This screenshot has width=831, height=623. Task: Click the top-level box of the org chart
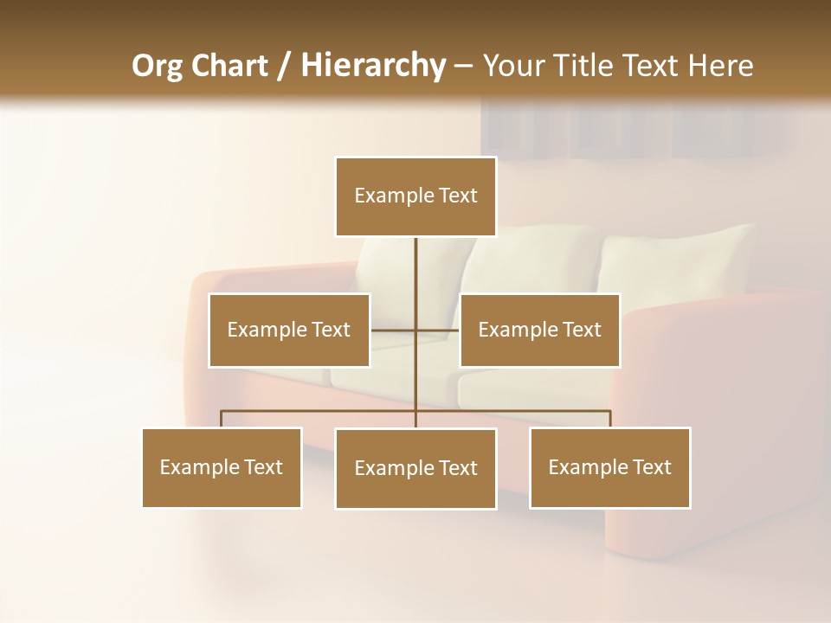click(x=415, y=196)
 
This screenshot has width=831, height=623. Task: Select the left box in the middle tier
click(x=289, y=330)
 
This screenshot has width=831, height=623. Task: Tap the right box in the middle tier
click(x=539, y=330)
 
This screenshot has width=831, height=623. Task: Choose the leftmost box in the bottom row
click(x=222, y=467)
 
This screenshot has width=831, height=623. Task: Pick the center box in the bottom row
click(x=415, y=468)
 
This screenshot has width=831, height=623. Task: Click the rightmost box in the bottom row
click(x=609, y=467)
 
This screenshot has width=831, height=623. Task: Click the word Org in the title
click(x=157, y=66)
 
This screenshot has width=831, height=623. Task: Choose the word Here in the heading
click(x=720, y=66)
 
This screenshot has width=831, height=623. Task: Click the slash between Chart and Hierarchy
click(x=284, y=66)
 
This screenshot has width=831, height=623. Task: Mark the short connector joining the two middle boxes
click(x=436, y=330)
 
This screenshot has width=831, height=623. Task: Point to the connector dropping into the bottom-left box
click(x=222, y=419)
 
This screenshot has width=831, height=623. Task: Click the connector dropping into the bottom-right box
click(x=610, y=419)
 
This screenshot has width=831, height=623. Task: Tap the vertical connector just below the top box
click(x=415, y=260)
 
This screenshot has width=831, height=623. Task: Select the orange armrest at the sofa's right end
click(x=718, y=415)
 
